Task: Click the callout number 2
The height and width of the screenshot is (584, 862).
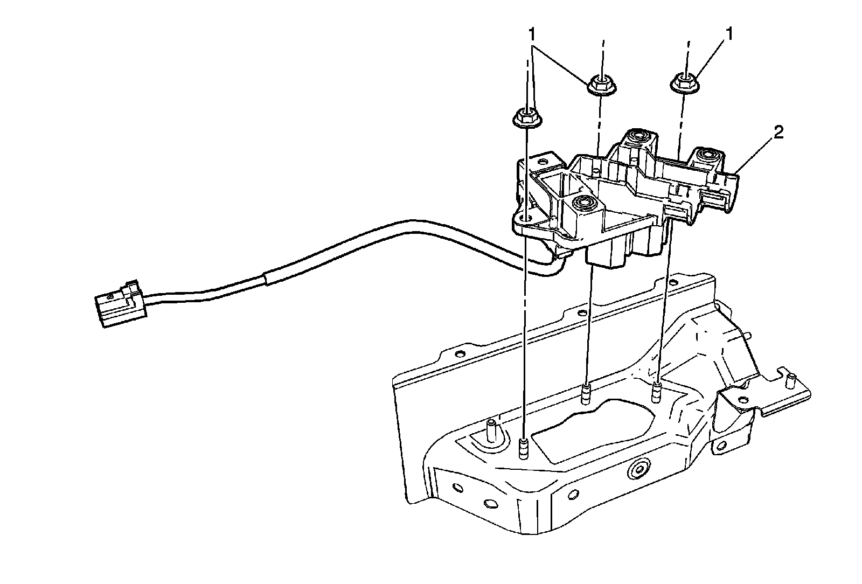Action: [778, 134]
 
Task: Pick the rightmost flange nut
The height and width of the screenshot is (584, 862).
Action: [683, 83]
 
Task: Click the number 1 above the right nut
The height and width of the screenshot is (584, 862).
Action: [730, 36]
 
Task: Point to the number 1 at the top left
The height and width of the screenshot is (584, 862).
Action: [532, 36]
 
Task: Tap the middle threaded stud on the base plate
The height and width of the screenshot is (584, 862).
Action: [586, 394]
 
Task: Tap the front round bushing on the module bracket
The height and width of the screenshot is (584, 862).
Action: [583, 203]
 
